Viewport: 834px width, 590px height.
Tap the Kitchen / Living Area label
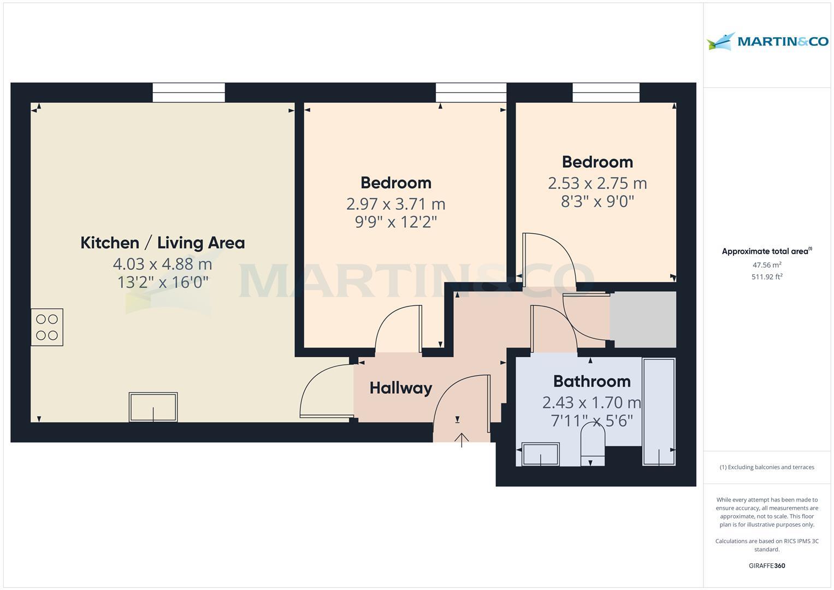[163, 243]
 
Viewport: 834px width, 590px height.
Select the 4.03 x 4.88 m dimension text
[163, 264]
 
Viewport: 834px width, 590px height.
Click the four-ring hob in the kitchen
[47, 327]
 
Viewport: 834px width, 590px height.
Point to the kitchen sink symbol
[153, 407]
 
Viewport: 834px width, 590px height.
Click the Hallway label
[401, 388]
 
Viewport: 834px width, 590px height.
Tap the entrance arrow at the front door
[462, 439]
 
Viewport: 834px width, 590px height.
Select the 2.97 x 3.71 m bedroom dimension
[396, 204]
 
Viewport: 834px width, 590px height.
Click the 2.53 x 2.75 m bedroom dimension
[598, 183]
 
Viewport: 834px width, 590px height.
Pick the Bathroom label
[592, 381]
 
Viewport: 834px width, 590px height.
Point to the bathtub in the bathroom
[659, 411]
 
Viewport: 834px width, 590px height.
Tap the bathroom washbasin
[541, 454]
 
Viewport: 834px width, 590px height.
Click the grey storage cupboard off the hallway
[643, 319]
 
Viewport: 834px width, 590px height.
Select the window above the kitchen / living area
[188, 92]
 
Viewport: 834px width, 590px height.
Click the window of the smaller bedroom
[606, 92]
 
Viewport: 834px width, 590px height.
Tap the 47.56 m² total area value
[767, 265]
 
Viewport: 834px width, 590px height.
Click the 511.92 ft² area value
[767, 277]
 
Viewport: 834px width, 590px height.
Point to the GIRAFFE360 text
[767, 565]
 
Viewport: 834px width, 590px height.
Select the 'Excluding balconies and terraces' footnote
[767, 467]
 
